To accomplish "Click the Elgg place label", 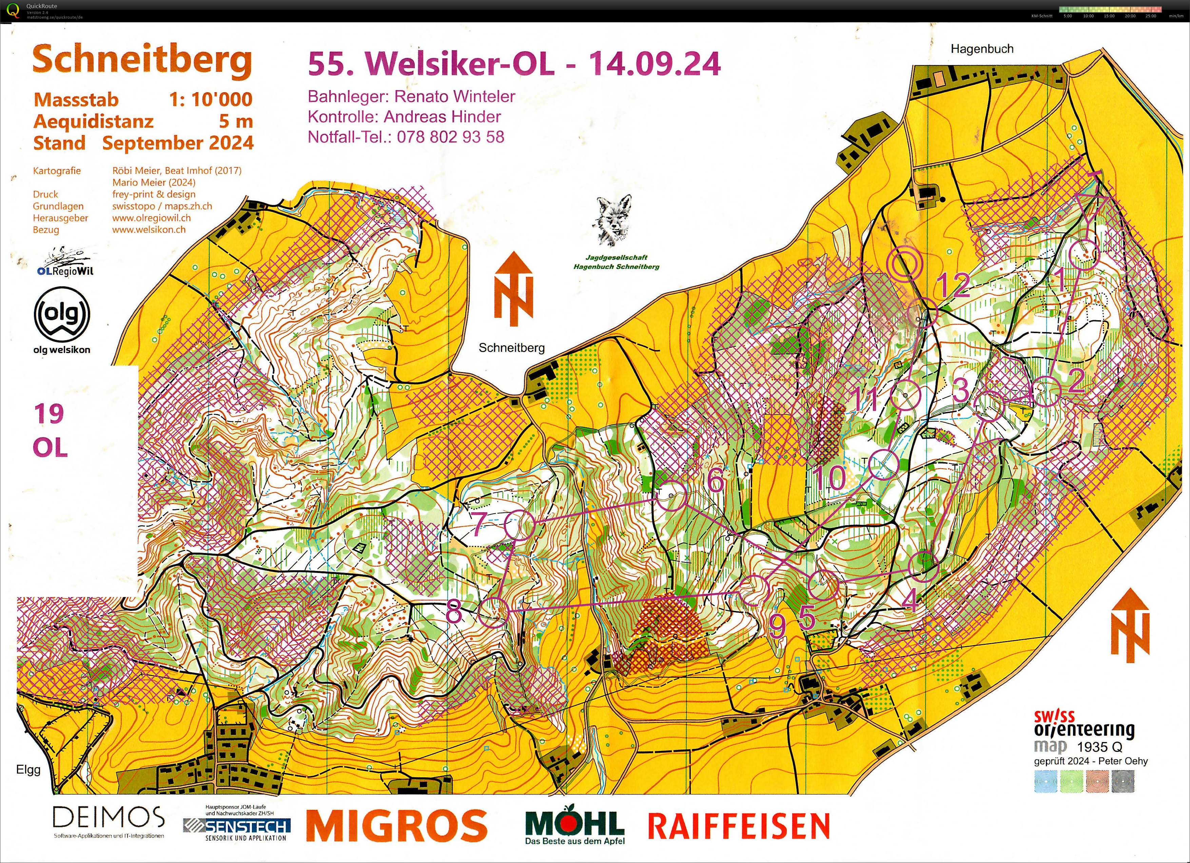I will pos(28,770).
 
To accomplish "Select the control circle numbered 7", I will pos(520,525).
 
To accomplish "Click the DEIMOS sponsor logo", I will pos(109,817).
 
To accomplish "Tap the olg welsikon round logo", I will pos(62,315).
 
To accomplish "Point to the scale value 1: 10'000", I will pos(210,99).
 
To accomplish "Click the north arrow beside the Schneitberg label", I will pos(513,288).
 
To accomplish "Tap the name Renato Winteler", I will pos(454,97).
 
